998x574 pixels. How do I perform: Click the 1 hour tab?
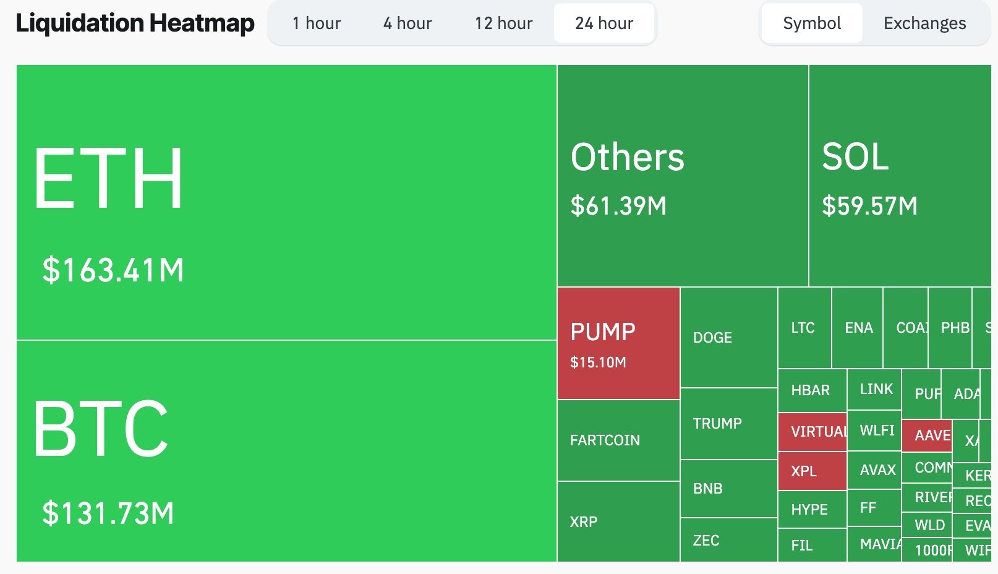tap(316, 24)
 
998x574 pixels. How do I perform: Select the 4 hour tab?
tap(407, 24)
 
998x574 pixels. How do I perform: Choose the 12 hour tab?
tap(503, 24)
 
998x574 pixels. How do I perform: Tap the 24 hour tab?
tap(604, 24)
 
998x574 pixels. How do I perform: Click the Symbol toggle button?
tap(812, 24)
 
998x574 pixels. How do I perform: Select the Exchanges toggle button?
tap(924, 24)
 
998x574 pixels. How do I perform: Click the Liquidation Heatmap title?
tap(135, 24)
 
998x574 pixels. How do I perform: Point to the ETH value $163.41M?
tap(113, 270)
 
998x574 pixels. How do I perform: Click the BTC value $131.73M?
tap(108, 513)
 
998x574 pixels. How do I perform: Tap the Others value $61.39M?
tap(618, 206)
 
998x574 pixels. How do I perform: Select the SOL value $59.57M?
tap(869, 206)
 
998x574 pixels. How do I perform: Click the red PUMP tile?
tap(618, 343)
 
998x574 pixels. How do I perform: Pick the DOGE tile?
tap(728, 338)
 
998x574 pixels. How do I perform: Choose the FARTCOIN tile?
tap(618, 440)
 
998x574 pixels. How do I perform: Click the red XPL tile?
tap(812, 471)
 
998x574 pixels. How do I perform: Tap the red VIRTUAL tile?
tap(812, 432)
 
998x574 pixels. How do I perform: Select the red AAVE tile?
tap(927, 435)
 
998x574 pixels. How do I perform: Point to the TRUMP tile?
tap(728, 424)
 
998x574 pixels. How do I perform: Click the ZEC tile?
tap(728, 541)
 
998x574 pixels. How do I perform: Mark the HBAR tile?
tap(812, 390)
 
